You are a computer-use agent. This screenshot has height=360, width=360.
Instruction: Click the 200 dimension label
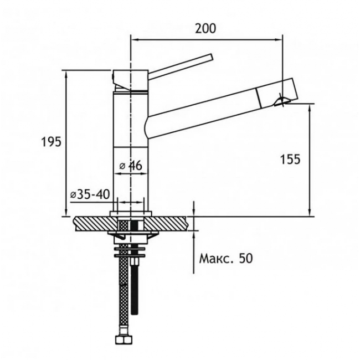click(205, 28)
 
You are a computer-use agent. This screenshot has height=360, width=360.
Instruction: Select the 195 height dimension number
click(51, 142)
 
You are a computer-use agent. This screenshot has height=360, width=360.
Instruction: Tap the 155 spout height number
click(290, 159)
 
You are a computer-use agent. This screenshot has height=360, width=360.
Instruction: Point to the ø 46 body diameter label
click(131, 165)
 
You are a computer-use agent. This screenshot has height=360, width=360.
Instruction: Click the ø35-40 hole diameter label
click(90, 194)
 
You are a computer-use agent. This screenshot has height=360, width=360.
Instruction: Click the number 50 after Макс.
click(246, 258)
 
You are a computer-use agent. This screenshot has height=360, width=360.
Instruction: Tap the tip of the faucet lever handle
click(212, 57)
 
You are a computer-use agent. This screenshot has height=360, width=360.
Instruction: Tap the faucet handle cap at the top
click(130, 80)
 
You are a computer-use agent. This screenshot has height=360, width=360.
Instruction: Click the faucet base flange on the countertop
click(131, 214)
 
